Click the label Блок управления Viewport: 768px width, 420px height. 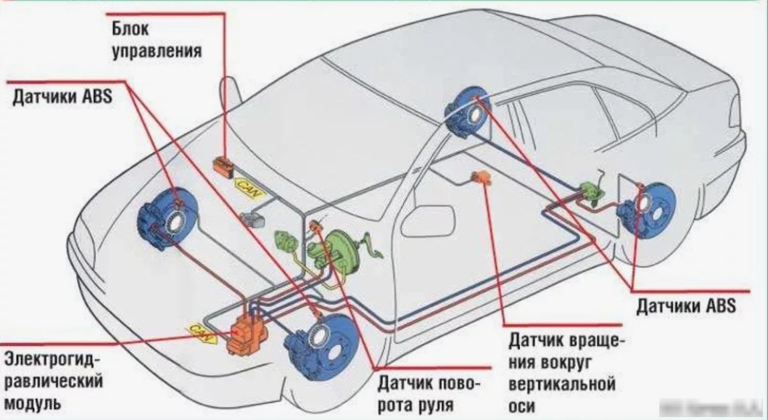[156, 40]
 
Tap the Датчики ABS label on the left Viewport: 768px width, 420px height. [62, 96]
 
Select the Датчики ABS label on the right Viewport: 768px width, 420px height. [686, 305]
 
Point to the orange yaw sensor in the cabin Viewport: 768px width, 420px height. [480, 178]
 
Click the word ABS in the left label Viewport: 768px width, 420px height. [97, 96]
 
